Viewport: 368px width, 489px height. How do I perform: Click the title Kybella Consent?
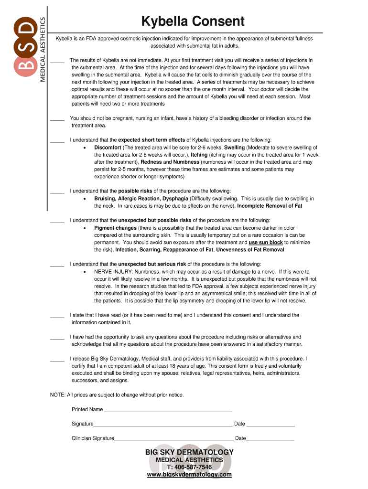coord(193,21)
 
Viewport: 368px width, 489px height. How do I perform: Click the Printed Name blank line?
coord(168,410)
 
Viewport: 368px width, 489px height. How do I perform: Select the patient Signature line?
coord(163,425)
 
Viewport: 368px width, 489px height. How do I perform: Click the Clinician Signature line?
coord(174,439)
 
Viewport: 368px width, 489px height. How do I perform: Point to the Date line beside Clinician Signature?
coord(270,439)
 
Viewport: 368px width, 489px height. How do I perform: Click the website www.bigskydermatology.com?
coord(189,475)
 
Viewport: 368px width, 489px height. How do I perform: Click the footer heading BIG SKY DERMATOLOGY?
coord(189,452)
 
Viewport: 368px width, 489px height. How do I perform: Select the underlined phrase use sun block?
coord(266,243)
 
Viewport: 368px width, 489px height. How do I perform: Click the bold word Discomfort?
coord(108,148)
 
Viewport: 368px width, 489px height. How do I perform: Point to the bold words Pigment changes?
coord(115,228)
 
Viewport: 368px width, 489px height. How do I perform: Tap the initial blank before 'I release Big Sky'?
coord(57,359)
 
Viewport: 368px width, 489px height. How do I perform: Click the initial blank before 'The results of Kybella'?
coord(57,61)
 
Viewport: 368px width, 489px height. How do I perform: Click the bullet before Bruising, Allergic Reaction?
coord(85,199)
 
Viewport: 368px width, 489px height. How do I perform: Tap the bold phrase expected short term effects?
coord(152,140)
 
